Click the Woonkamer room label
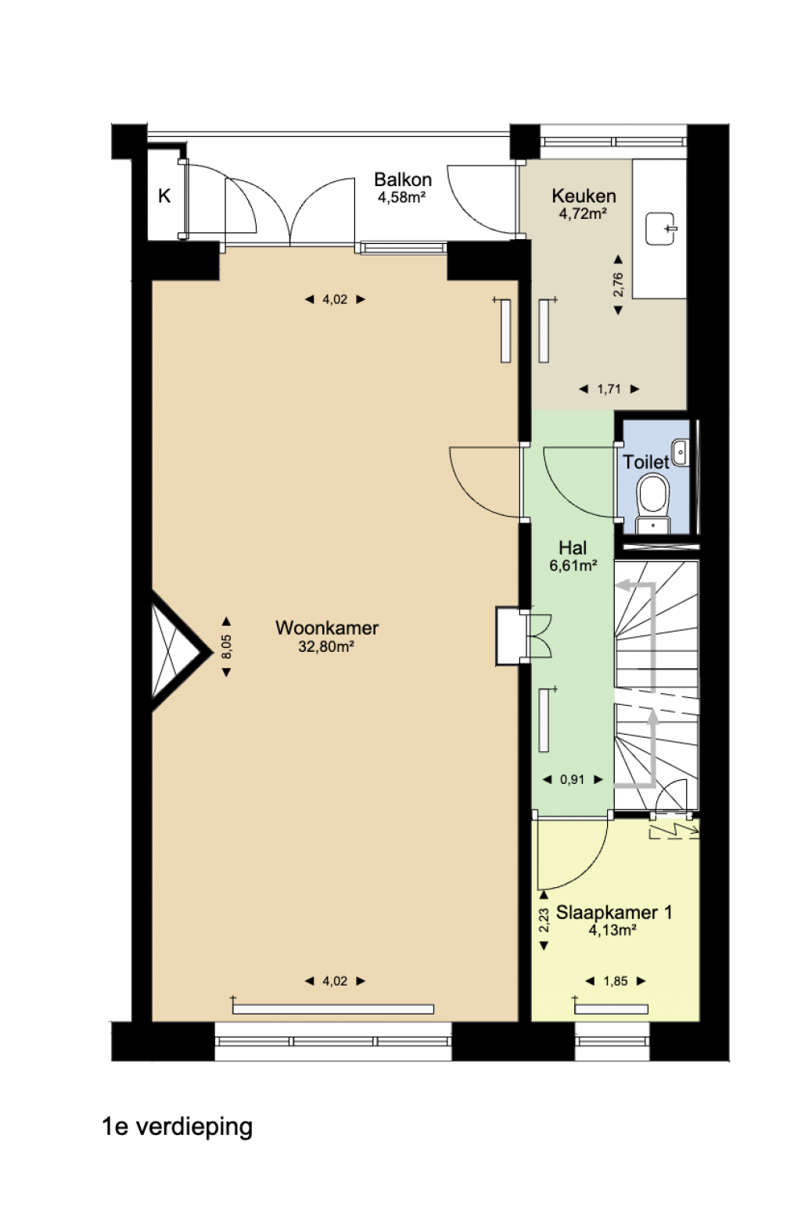(327, 628)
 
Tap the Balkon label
(403, 179)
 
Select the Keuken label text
(584, 195)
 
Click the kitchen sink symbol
(661, 228)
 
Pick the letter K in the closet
(164, 195)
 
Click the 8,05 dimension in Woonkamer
(227, 646)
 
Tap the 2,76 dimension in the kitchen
(618, 284)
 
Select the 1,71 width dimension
(609, 388)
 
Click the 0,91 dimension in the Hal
(573, 779)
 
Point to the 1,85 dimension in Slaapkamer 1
(616, 981)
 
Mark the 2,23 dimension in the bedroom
(544, 920)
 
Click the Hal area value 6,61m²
(573, 565)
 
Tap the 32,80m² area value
(326, 646)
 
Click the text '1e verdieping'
(178, 1127)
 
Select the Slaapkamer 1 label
(614, 912)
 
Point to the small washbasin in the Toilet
(681, 453)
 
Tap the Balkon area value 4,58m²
(401, 197)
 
